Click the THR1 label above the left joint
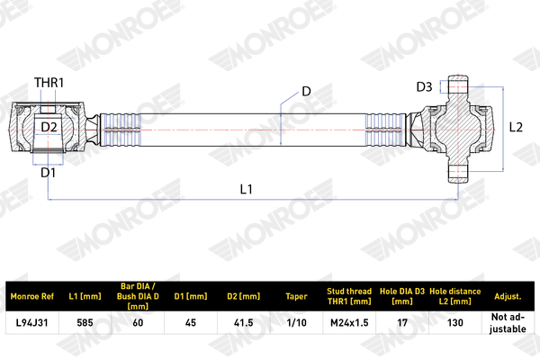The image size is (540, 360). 49,83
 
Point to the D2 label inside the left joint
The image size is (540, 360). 49,127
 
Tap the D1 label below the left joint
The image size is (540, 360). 48,173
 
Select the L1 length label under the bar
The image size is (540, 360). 247,189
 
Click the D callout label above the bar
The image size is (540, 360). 306,91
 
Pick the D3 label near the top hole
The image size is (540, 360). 424,86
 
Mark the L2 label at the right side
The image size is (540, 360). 516,127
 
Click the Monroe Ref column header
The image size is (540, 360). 32,296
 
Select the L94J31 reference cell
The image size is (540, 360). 32,323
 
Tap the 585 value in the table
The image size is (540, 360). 85,323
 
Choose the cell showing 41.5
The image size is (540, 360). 244,323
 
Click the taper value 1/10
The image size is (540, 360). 296,323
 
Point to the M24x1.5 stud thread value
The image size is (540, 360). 349,323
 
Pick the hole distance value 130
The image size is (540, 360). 454,323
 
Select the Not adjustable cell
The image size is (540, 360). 508,323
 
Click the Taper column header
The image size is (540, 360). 296,296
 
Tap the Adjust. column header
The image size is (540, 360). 508,296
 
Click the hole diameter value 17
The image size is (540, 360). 402,323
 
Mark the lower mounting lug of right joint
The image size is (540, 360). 458,173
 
